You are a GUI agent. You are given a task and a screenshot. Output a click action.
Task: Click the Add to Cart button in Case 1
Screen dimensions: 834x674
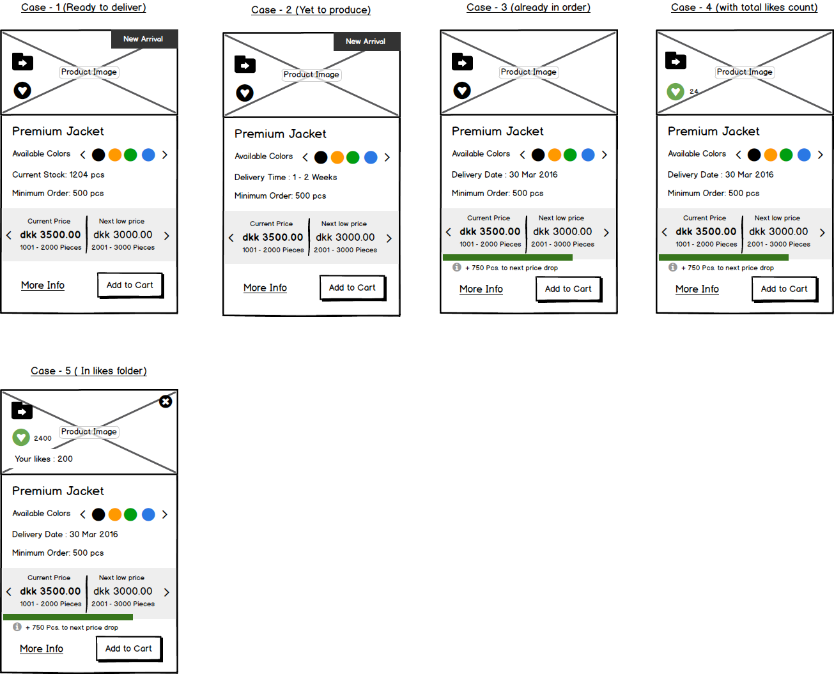(x=130, y=286)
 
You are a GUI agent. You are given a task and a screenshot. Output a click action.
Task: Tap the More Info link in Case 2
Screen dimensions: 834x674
(x=265, y=287)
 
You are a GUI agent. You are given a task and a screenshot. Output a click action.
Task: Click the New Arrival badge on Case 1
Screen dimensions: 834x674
(x=144, y=39)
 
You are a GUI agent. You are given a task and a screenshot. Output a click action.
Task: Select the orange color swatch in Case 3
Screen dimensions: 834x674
(x=555, y=155)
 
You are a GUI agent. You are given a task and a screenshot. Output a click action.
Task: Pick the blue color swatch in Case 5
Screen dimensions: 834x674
(x=148, y=514)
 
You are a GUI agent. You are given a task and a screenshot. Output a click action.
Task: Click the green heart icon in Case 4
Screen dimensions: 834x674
(x=676, y=92)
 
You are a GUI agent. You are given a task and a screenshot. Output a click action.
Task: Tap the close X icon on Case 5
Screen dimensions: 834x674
(x=166, y=402)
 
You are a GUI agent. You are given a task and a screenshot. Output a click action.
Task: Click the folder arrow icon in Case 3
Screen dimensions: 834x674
(x=462, y=62)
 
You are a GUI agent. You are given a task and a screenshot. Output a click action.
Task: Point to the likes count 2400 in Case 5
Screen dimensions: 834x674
(x=42, y=438)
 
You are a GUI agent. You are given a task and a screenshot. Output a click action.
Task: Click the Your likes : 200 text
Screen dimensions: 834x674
(x=43, y=459)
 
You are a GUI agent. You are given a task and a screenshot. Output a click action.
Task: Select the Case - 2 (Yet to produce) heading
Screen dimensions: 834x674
(x=311, y=10)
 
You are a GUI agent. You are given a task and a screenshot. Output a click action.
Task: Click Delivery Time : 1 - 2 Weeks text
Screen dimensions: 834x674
(x=286, y=178)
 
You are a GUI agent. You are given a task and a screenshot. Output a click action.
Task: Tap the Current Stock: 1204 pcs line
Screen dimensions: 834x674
(x=58, y=174)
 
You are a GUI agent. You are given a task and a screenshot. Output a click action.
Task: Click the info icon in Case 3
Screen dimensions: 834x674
(x=456, y=267)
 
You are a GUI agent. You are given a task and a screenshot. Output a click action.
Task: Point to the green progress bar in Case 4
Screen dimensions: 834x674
(x=723, y=257)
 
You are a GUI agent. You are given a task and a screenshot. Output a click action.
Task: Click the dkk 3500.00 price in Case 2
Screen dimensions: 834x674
(x=272, y=237)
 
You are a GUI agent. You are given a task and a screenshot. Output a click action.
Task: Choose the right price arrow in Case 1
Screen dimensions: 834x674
(x=167, y=236)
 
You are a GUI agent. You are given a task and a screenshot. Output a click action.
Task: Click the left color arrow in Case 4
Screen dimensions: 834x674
(x=739, y=155)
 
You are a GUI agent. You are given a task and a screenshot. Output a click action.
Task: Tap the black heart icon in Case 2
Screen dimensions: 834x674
(x=245, y=93)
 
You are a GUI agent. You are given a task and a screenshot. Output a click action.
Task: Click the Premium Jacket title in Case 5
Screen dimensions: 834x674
(x=58, y=491)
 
